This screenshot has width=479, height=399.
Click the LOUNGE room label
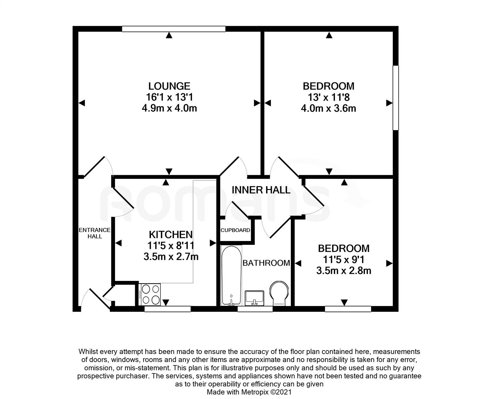169,86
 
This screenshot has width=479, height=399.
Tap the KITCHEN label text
171,235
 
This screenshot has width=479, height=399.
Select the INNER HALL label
261,190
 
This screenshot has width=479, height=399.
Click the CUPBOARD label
235,230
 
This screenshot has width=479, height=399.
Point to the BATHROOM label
266,263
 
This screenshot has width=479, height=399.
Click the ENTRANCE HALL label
95,233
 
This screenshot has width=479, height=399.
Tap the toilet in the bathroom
279,294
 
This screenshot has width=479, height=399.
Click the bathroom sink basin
255,298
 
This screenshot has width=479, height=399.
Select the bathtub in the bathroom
232,276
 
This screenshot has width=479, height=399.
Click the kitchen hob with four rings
149,295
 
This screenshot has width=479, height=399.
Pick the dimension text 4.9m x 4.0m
169,108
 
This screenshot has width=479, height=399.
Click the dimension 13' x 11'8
329,97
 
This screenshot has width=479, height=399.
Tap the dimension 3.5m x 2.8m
344,271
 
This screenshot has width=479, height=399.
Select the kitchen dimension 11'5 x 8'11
171,245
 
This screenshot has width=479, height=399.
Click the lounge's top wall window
174,29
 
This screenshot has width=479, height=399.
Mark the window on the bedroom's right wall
396,98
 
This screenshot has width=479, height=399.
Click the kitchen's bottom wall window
167,309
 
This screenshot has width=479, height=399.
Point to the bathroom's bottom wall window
255,309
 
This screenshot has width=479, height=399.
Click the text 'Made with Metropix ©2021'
249,392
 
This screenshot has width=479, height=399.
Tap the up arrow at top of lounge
169,35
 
